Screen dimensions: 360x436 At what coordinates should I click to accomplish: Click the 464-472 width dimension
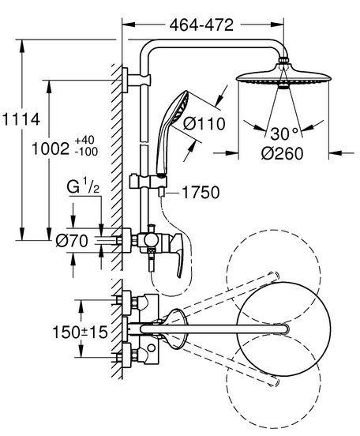coord(201,25)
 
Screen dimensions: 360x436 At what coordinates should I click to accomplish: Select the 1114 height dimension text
coord(21,120)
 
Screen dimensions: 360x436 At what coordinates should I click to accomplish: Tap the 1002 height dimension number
coord(51,148)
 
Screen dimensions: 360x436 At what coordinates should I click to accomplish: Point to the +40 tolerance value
coord(84,140)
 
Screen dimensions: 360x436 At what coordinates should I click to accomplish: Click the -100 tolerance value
coord(86,152)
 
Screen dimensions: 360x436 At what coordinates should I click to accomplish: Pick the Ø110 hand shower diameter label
coord(204,124)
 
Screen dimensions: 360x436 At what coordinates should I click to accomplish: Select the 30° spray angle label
coord(284,133)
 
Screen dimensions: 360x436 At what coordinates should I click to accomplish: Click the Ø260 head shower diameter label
coord(282,153)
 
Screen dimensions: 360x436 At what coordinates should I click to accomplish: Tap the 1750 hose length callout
coord(201,193)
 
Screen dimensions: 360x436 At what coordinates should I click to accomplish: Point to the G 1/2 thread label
coord(83,187)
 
